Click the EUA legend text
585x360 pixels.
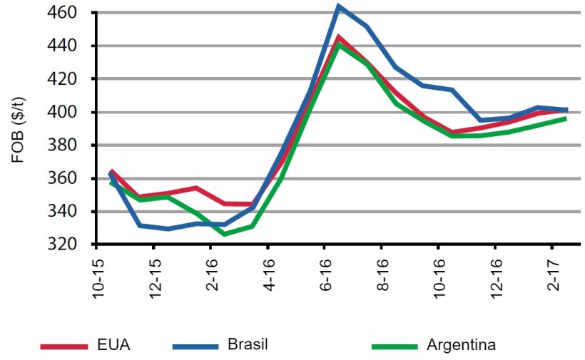[115, 346]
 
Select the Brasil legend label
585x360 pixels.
[249, 346]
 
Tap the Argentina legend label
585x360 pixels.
[461, 346]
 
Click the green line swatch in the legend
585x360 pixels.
[395, 346]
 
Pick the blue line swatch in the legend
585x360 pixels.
[195, 346]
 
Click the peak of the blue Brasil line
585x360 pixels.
[338, 6]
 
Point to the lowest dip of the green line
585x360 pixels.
[224, 234]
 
